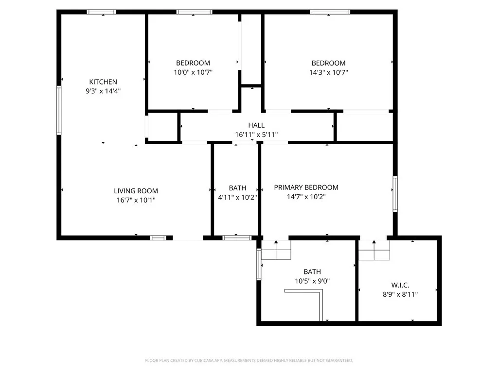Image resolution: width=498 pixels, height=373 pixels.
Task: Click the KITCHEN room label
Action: [x=103, y=82]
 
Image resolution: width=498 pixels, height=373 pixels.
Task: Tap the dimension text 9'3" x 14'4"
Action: [x=103, y=91]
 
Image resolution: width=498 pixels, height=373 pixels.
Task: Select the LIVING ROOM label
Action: [x=136, y=191]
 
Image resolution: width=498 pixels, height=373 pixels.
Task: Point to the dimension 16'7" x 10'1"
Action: [x=136, y=200]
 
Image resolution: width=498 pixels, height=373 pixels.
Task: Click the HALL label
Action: [x=256, y=125]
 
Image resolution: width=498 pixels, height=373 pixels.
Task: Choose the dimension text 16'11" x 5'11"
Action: [x=256, y=135]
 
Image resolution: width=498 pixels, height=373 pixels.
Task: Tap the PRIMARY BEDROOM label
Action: [x=306, y=187]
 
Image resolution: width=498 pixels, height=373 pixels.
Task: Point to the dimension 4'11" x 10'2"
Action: [x=237, y=197]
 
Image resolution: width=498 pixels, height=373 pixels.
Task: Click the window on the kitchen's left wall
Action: [x=59, y=110]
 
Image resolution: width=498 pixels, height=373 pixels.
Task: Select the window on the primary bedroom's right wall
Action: [x=395, y=194]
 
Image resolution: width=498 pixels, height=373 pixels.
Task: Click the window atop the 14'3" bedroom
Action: [x=330, y=12]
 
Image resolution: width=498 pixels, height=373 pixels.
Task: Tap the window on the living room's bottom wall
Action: [x=158, y=238]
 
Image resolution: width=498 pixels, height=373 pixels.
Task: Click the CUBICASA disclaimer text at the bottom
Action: [x=249, y=360]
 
